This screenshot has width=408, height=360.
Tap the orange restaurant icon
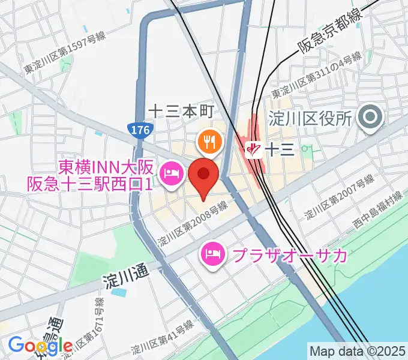(x=209, y=141)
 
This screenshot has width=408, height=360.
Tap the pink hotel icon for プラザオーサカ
(x=213, y=254)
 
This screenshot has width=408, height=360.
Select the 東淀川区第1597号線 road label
(x=65, y=53)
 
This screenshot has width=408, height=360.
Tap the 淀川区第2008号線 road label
(x=193, y=224)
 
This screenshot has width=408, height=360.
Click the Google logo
(x=40, y=346)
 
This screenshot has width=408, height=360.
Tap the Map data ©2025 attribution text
(x=358, y=351)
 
